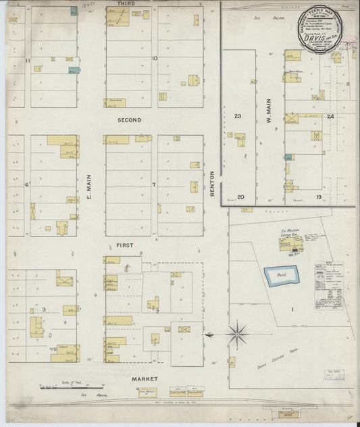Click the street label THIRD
125,4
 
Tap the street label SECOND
129,120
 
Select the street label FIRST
124,245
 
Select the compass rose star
237,332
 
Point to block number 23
238,116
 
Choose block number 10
155,58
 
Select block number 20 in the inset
240,197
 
